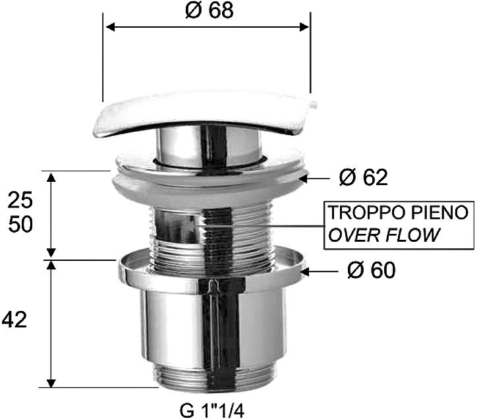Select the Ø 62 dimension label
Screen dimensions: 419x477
pyautogui.click(x=363, y=177)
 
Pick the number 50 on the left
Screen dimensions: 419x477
pyautogui.click(x=20, y=225)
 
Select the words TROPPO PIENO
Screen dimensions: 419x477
pyautogui.click(x=399, y=213)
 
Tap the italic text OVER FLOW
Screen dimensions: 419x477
pyautogui.click(x=383, y=235)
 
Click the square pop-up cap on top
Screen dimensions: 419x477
pyautogui.click(x=204, y=113)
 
